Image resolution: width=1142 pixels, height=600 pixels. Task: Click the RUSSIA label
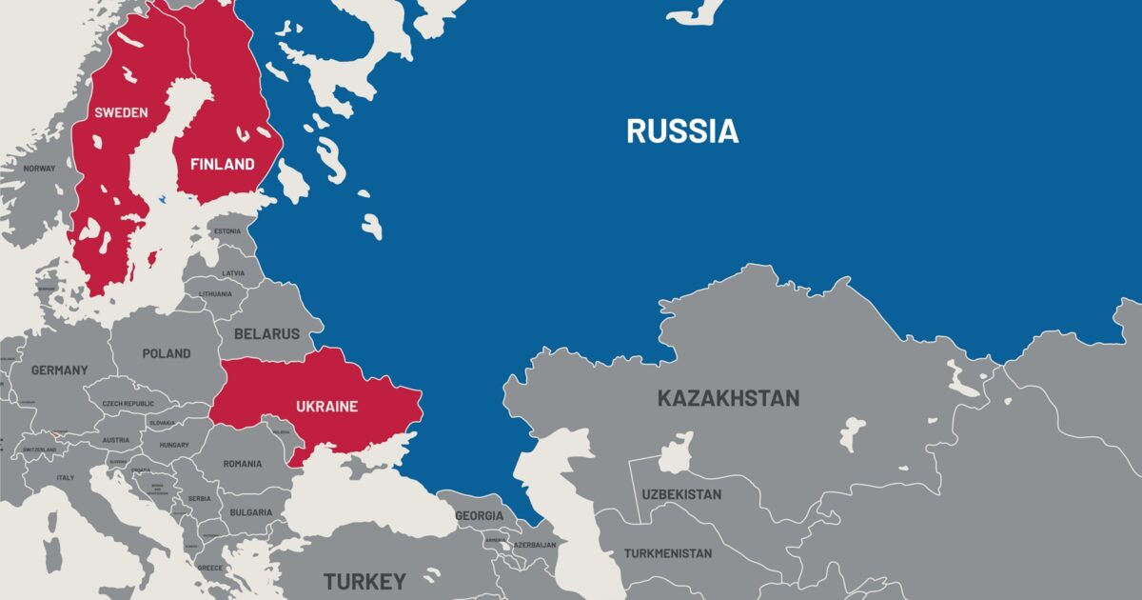click(x=681, y=131)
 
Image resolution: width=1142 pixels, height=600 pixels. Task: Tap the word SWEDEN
click(x=121, y=112)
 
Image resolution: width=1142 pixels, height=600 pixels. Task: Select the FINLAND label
click(x=223, y=164)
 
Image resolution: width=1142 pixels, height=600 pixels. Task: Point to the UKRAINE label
click(x=325, y=407)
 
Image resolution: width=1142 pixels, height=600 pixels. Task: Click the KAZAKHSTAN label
click(x=728, y=398)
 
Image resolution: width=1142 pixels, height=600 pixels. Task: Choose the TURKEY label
click(x=364, y=581)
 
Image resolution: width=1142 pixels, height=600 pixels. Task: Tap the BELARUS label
click(x=267, y=334)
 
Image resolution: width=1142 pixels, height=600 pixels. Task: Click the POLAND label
click(x=167, y=353)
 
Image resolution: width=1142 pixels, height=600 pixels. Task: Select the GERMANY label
click(x=59, y=370)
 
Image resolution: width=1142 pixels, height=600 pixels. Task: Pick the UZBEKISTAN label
click(x=681, y=494)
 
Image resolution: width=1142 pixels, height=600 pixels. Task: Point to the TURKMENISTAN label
click(x=668, y=553)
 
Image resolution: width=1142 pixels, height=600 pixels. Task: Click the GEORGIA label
click(x=480, y=515)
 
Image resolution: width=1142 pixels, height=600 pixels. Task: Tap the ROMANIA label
click(x=243, y=464)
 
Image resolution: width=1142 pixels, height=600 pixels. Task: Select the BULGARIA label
click(x=251, y=512)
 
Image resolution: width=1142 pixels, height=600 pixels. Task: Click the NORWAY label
click(x=40, y=169)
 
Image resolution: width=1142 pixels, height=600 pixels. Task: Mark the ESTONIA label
click(x=227, y=231)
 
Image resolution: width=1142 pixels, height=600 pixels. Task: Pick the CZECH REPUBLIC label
click(x=128, y=405)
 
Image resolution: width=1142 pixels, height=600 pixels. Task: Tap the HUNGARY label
click(x=174, y=445)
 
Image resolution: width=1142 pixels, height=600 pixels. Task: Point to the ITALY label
click(x=66, y=478)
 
